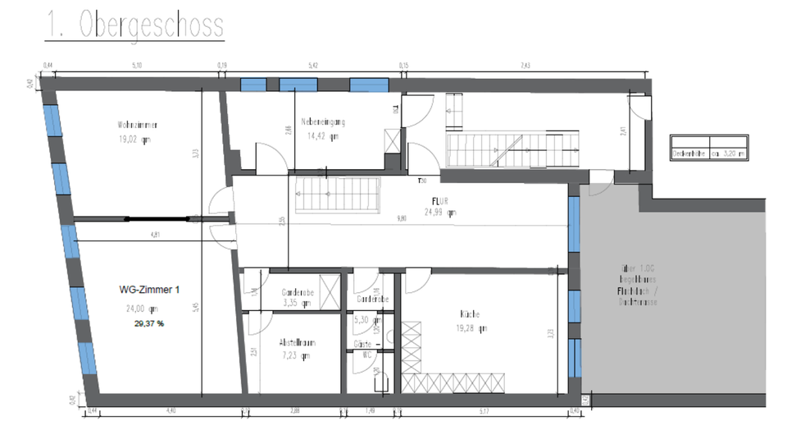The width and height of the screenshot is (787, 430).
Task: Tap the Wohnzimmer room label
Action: pos(137,125)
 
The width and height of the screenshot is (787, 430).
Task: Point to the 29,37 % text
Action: pos(149,323)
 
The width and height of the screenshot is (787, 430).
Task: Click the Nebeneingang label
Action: pos(323,121)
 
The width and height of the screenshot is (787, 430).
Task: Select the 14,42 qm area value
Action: pos(323,136)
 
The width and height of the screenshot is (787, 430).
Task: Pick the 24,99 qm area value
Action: pos(440,212)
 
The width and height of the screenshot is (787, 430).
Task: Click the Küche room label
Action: pos(470,314)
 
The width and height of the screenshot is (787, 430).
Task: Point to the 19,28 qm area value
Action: pos(472,328)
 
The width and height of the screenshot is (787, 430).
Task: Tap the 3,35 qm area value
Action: pos(296,304)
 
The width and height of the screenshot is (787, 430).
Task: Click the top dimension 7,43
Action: pos(525,65)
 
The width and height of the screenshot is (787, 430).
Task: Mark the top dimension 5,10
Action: pos(136,65)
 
